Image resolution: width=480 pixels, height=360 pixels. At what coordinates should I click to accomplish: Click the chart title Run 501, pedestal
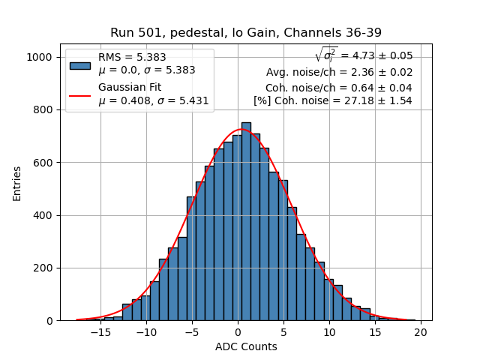246,32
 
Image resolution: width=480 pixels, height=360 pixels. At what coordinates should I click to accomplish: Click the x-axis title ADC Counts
246,346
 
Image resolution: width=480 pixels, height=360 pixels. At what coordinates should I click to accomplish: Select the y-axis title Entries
17,183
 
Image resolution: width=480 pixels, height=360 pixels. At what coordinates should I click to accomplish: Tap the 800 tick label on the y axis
43,110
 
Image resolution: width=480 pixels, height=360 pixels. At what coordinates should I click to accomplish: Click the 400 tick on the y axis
43,215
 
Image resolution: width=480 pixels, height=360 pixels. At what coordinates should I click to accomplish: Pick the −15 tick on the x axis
101,331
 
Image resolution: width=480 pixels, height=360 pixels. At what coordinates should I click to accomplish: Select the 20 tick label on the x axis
421,331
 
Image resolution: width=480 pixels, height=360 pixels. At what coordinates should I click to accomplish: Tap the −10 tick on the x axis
147,331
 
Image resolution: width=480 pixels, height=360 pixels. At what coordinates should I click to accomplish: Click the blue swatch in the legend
80,65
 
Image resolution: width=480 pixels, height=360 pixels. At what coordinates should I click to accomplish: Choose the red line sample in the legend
80,95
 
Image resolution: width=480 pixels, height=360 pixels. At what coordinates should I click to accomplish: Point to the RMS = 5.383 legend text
133,58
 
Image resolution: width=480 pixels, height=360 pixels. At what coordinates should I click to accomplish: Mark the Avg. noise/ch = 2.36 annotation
339,73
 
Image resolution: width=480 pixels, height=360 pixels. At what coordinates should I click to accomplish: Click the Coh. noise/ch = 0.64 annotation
338,87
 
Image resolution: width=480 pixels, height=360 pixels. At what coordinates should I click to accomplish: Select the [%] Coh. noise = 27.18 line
332,100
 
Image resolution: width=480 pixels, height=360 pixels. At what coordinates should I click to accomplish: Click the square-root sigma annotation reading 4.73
364,55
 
